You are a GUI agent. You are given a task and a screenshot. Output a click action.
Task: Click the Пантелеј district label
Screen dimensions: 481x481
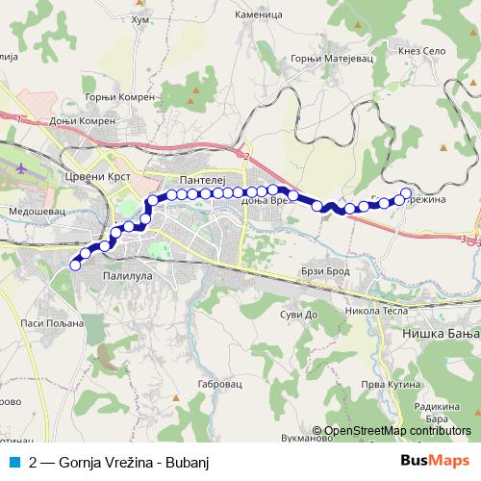point(201,180)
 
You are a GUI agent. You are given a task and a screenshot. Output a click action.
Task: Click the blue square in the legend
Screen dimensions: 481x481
point(13,462)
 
